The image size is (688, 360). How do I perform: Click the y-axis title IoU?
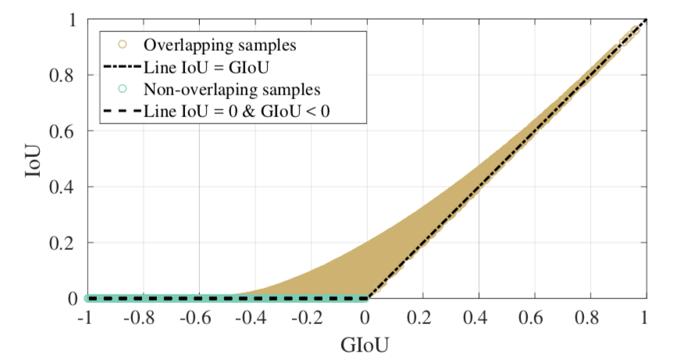point(32,160)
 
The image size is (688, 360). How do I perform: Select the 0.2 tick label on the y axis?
point(66,243)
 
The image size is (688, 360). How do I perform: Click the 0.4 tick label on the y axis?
point(66,187)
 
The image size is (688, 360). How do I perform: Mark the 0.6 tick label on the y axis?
point(66,131)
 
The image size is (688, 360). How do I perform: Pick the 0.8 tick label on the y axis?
point(66,76)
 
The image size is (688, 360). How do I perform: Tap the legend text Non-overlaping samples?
point(221,89)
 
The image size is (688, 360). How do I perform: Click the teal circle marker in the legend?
point(121,89)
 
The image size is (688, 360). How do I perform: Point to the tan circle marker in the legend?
point(121,44)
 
